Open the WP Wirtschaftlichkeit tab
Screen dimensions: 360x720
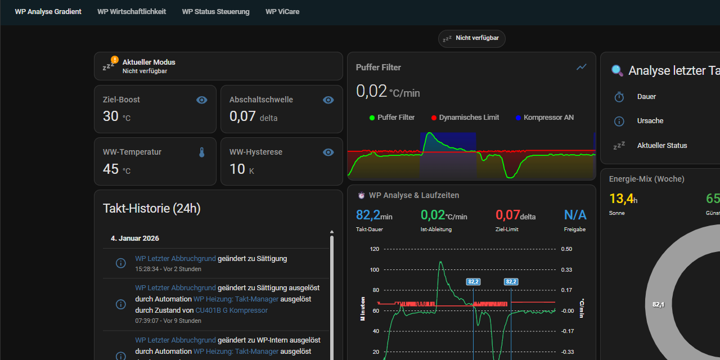[x=132, y=11]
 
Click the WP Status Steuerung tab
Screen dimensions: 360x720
[x=215, y=11]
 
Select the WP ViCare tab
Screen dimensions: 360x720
[x=282, y=11]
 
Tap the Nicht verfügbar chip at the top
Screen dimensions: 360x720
[x=472, y=38]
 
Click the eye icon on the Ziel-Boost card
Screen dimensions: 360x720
[x=202, y=100]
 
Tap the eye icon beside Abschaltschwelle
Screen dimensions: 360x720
[x=328, y=100]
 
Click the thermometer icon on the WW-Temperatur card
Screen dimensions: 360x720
[x=202, y=152]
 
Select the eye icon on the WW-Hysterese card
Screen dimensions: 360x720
[x=328, y=152]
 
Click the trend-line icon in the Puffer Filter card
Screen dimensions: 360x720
[x=582, y=67]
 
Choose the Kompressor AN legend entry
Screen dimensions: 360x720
[x=548, y=118]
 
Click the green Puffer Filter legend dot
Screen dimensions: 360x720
[x=372, y=118]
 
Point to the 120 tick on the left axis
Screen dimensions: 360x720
[x=375, y=249]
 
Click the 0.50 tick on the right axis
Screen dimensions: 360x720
[x=567, y=249]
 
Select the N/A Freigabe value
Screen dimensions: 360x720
[x=575, y=215]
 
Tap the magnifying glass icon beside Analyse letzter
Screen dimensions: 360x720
[x=618, y=71]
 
